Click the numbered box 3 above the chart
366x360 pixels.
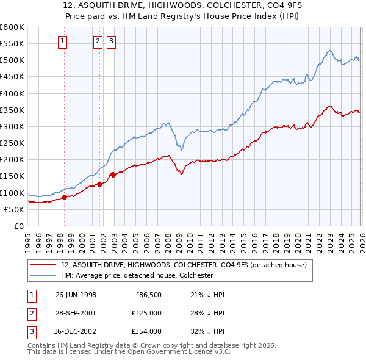tap(112, 41)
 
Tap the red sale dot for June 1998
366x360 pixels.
tap(64, 197)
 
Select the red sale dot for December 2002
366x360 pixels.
tap(113, 175)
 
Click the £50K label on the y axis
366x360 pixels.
tap(13, 209)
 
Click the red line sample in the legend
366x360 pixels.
tap(44, 265)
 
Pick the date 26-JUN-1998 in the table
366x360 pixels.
tap(76, 295)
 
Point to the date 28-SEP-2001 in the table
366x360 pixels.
tap(76, 313)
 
